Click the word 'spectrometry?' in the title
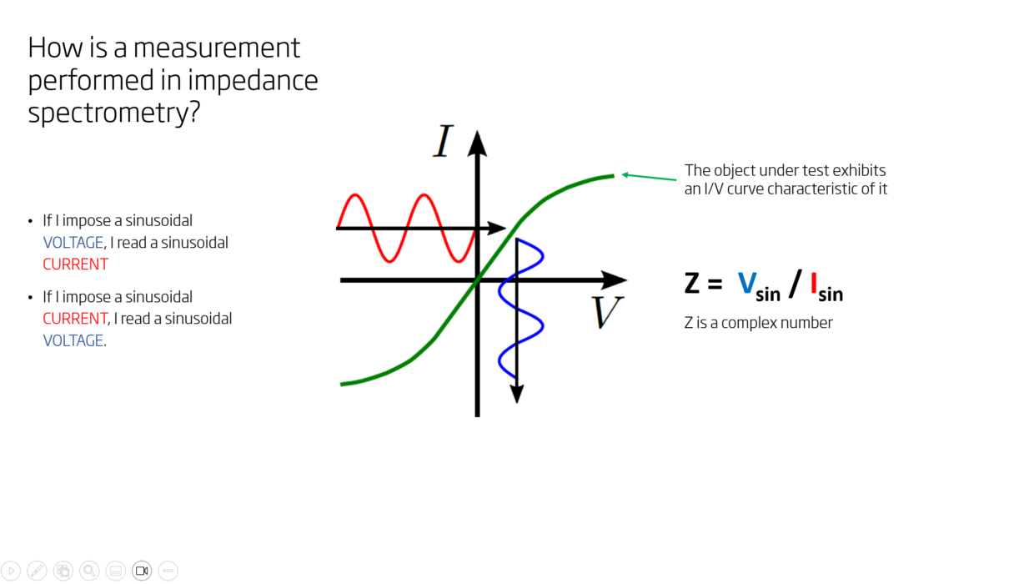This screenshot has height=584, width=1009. (113, 113)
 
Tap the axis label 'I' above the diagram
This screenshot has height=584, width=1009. (443, 142)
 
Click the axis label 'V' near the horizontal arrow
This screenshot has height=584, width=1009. (608, 313)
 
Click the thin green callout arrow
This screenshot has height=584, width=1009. (649, 177)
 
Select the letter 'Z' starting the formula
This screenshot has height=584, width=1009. (692, 284)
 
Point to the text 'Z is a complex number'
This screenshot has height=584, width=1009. (758, 323)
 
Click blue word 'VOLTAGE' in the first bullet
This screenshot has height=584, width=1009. (73, 243)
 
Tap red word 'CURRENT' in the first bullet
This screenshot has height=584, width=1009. (75, 264)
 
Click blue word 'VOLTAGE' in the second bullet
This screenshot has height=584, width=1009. (73, 340)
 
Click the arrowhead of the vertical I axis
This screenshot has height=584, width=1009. (477, 142)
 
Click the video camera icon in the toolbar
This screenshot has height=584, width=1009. (142, 571)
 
